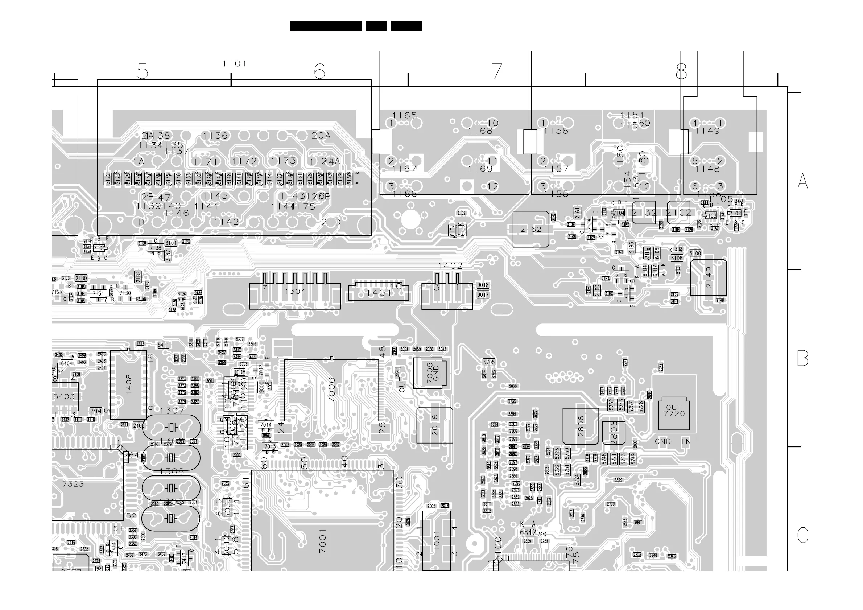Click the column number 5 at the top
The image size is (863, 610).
coord(143,71)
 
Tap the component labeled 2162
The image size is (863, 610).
coord(531,229)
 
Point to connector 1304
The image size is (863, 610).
coord(295,291)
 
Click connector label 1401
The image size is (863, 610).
coord(379,293)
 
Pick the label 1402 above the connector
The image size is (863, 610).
coord(450,266)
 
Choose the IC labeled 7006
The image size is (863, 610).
coord(331,390)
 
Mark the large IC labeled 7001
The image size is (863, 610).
coord(322,541)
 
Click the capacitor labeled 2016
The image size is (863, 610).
coord(434,425)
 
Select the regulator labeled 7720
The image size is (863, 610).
coord(674,413)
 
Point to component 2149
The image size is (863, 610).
coord(709,277)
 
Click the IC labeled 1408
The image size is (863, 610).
coord(129,384)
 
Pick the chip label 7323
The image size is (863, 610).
coord(73,484)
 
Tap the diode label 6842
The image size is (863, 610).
coord(528,533)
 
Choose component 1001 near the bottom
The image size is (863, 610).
coord(436,540)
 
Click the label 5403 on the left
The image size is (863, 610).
coord(64,396)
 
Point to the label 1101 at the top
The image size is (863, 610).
coord(235,64)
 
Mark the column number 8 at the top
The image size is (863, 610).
coord(681,71)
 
